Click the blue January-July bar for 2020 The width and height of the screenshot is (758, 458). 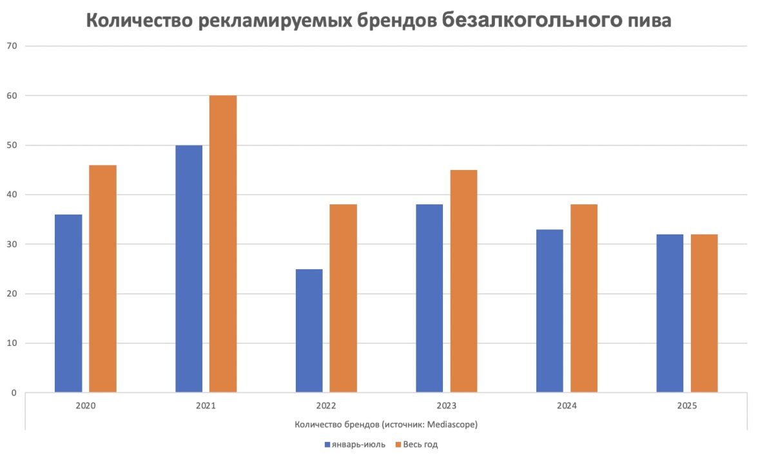click(x=68, y=303)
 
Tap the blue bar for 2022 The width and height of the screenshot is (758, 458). click(x=309, y=330)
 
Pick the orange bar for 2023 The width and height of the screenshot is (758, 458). click(x=463, y=281)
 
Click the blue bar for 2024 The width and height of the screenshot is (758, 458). click(x=549, y=310)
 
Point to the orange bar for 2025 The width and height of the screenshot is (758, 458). click(x=704, y=313)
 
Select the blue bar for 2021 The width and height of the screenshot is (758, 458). click(x=189, y=269)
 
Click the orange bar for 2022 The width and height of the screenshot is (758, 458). click(x=343, y=298)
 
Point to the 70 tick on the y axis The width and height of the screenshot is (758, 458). click(x=12, y=46)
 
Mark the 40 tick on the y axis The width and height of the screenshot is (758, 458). click(x=12, y=195)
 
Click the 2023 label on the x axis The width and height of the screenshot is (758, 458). click(x=446, y=406)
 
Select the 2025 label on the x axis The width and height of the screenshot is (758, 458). click(x=687, y=406)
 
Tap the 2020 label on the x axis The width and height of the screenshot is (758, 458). click(x=86, y=406)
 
